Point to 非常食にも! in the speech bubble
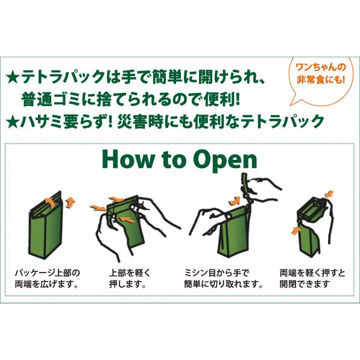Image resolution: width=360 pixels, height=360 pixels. tap(321, 80)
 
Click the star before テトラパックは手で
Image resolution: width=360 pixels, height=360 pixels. tap(13, 78)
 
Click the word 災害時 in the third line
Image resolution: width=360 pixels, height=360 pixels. tap(140, 121)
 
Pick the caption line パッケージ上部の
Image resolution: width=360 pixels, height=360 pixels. tap(47, 273)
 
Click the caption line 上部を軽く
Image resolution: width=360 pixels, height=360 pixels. tap(130, 273)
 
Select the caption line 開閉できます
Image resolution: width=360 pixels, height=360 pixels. tap(305, 284)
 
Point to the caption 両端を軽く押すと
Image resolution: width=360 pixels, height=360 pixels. tap(312, 273)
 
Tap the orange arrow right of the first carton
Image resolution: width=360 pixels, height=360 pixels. tap(71, 203)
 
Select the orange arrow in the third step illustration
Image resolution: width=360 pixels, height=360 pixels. tap(235, 201)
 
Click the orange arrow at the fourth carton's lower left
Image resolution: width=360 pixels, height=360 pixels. tap(295, 230)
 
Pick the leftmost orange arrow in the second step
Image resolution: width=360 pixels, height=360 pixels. tap(98, 208)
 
